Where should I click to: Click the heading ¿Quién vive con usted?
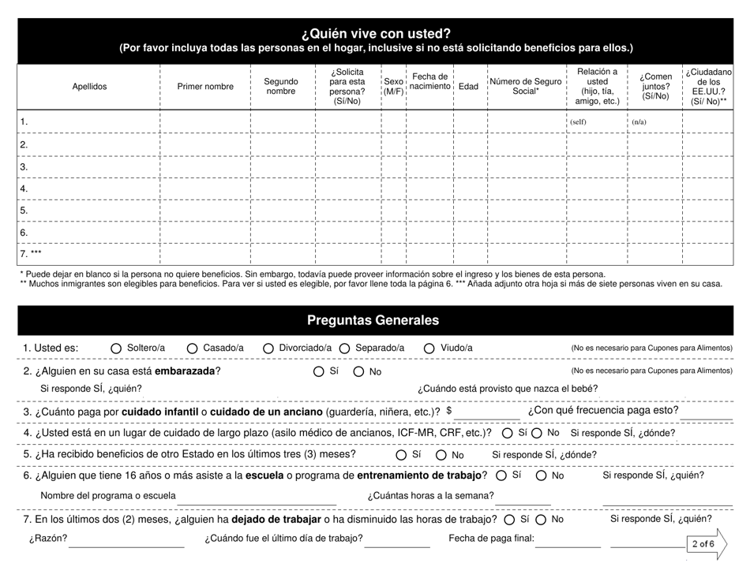point(375,33)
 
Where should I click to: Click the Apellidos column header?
point(89,87)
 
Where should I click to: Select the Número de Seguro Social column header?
point(526,87)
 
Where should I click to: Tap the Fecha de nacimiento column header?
point(429,81)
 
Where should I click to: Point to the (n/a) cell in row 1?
point(639,122)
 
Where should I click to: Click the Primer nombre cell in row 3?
point(204,167)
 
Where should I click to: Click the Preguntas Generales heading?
point(375,320)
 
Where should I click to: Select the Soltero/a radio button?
point(116,349)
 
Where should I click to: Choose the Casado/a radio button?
point(193,349)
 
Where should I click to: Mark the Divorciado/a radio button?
point(268,349)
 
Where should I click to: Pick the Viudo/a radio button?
point(429,349)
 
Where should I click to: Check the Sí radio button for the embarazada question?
point(318,371)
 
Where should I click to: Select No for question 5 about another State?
point(441,454)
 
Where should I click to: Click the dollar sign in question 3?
point(449,410)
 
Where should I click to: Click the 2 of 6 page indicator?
point(703,544)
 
